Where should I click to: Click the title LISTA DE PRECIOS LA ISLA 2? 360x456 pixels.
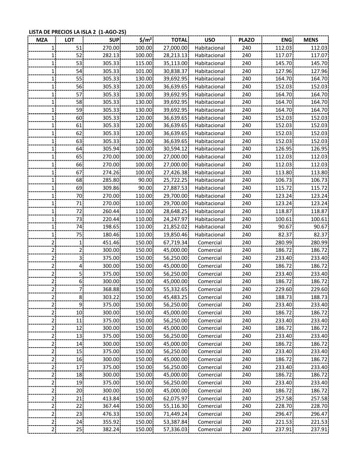click(x=77, y=32)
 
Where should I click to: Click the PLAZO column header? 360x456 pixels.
click(x=246, y=40)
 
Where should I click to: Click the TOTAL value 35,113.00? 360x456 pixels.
click(x=175, y=63)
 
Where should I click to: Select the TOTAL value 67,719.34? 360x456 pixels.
click(x=175, y=242)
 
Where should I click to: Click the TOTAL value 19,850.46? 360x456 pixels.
click(x=175, y=234)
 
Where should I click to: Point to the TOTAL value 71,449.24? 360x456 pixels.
click(x=175, y=413)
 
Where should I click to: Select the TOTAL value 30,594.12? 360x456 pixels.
click(x=175, y=149)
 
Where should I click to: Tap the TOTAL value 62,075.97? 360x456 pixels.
click(x=175, y=398)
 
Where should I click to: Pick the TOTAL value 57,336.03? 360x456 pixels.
click(x=175, y=429)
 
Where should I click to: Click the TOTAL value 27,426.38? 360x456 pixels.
click(x=175, y=172)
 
